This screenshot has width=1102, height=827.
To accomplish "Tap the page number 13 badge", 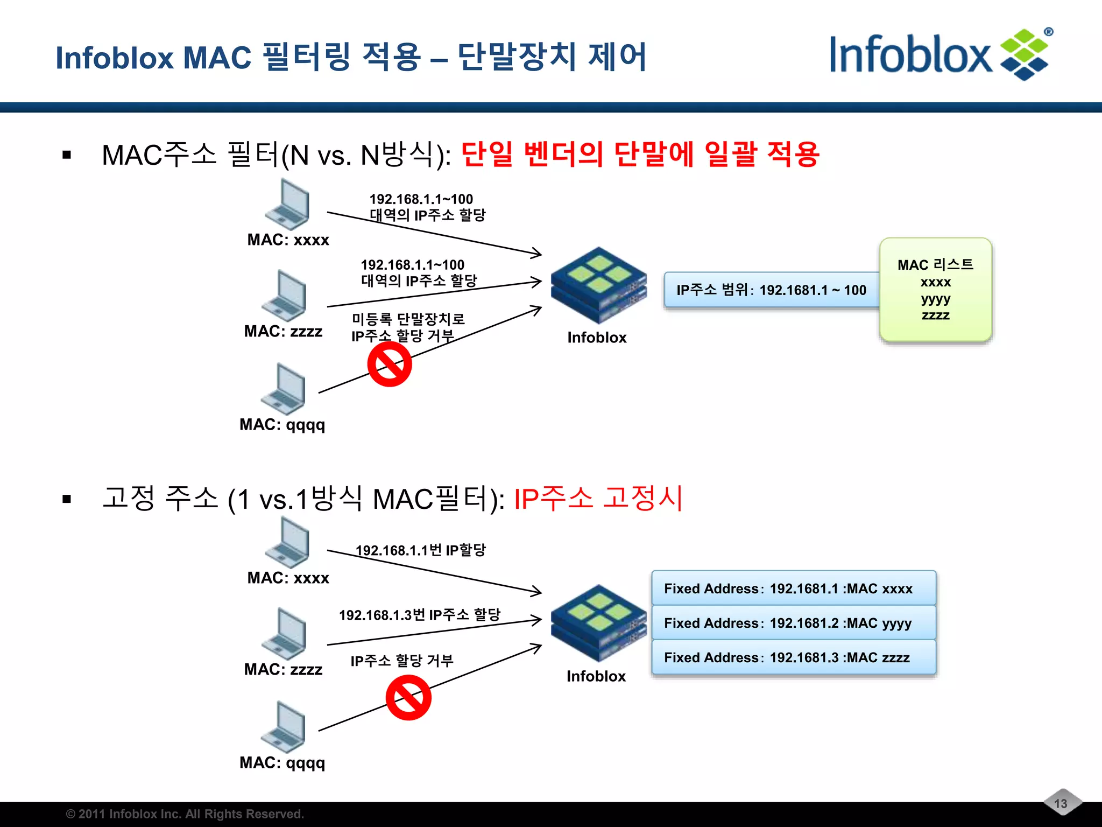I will (x=1061, y=803).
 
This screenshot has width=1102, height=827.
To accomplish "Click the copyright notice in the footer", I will (x=185, y=814).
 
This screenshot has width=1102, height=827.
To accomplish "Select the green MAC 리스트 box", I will (x=935, y=290).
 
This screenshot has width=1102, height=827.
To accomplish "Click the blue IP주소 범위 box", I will (x=771, y=290).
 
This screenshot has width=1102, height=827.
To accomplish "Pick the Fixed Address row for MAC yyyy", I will (x=793, y=623).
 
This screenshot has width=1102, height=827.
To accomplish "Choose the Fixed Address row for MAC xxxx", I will (x=793, y=588).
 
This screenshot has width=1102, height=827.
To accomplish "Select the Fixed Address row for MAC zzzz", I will (x=793, y=657).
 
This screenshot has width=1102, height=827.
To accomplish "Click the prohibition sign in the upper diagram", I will (x=390, y=365).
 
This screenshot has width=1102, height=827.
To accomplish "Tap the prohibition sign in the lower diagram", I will (x=408, y=698).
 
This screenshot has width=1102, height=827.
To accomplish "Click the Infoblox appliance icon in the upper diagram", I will (x=598, y=285).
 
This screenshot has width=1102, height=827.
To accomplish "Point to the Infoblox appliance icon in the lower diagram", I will (x=598, y=623).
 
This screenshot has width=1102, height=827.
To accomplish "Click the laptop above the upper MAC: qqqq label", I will (x=284, y=389).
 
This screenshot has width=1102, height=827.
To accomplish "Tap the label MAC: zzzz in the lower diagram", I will (x=283, y=669).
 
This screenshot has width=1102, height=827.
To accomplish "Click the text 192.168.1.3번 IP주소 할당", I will (x=420, y=615).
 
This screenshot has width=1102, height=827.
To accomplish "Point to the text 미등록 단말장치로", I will (x=408, y=319).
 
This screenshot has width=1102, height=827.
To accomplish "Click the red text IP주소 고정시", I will (x=598, y=498).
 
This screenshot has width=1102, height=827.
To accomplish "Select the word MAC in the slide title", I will (x=217, y=58).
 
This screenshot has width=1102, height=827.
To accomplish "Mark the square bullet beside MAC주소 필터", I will (x=67, y=156).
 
